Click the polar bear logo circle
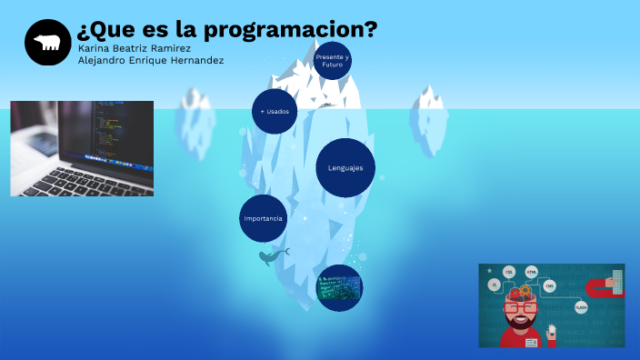[x=47, y=42]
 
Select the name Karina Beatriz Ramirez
[x=135, y=47]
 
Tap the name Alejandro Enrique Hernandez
[x=151, y=60]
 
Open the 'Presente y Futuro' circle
[x=332, y=61]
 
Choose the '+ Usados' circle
[x=275, y=112]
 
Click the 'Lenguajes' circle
[x=345, y=168]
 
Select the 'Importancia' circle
[x=263, y=219]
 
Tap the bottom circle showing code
[x=339, y=288]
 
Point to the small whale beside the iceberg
[x=272, y=257]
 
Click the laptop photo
[x=82, y=148]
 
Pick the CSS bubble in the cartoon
[x=509, y=272]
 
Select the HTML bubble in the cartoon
[x=532, y=271]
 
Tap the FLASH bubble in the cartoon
[x=581, y=307]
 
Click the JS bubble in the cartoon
[x=495, y=285]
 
